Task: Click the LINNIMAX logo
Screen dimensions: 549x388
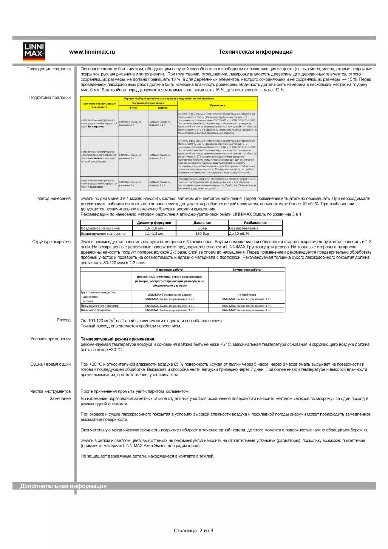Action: tap(34, 52)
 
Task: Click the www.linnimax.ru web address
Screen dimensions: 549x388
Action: tap(92, 52)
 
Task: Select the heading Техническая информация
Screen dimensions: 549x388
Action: tap(255, 52)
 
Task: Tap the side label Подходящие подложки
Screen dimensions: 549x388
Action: tap(48, 69)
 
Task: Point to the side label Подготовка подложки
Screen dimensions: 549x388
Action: tap(50, 98)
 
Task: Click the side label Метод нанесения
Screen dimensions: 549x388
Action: tap(54, 199)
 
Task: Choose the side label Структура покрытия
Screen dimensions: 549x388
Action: tap(51, 242)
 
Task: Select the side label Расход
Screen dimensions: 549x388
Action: tap(63, 320)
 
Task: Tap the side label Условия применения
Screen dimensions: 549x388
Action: tap(50, 339)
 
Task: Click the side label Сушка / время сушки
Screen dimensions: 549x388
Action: tap(50, 364)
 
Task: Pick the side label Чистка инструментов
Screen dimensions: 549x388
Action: tap(50, 391)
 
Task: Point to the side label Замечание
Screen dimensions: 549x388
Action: tap(60, 399)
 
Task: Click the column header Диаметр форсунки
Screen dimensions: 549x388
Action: tap(154, 223)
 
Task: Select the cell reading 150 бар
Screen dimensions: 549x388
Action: tap(202, 234)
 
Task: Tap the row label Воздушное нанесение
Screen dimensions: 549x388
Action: tap(100, 228)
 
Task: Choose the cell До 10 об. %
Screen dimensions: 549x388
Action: tap(239, 234)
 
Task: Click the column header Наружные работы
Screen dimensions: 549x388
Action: tap(170, 270)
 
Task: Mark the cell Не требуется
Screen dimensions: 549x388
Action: tap(246, 295)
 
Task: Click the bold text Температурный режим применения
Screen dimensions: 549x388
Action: tap(118, 339)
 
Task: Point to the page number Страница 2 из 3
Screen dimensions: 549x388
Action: tap(193, 530)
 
